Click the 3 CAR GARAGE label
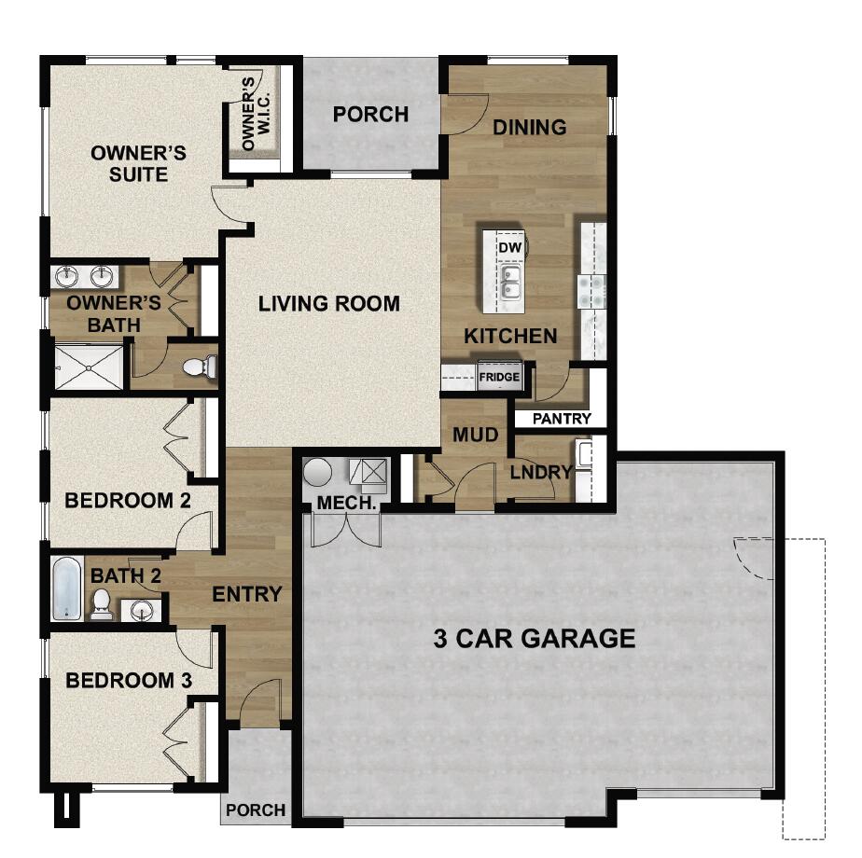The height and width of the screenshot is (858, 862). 535,639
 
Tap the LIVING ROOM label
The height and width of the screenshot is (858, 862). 329,303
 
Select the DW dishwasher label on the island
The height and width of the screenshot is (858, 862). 508,247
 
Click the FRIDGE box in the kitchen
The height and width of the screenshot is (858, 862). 499,378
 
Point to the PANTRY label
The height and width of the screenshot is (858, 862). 562,419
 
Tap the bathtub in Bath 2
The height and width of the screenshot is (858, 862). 66,588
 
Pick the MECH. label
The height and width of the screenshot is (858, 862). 346,503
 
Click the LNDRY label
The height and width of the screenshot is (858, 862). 540,472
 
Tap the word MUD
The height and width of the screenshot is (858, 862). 476,436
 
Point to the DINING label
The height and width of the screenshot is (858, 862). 529,127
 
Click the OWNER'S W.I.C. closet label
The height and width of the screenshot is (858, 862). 249,114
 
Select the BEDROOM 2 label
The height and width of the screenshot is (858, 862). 128,501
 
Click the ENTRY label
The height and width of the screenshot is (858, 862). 247,594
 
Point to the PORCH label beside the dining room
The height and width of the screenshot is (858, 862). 370,114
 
